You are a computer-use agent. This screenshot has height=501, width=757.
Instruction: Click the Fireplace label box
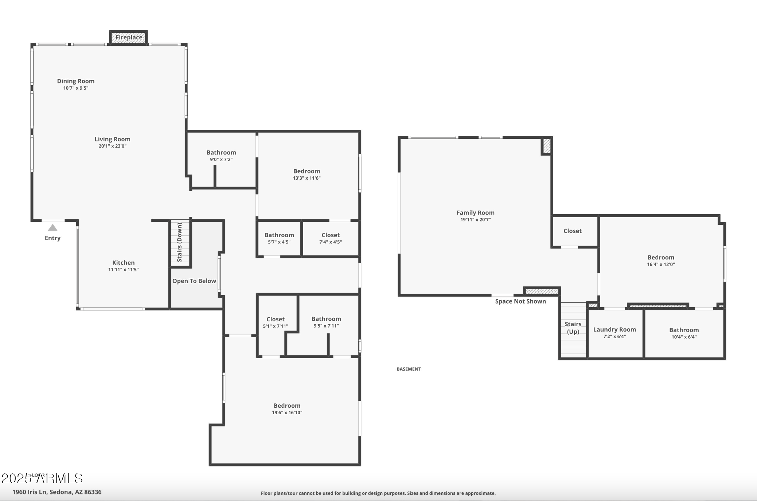click(129, 38)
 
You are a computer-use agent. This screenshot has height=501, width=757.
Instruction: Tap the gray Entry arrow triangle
click(52, 228)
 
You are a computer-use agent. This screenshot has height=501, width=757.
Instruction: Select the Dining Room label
click(76, 81)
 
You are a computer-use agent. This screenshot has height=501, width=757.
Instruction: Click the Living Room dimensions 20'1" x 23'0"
click(112, 146)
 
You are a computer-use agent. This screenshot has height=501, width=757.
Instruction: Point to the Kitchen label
click(123, 263)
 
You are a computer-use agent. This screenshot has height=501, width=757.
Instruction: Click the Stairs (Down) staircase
click(180, 243)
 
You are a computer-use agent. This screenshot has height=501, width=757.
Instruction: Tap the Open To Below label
click(194, 281)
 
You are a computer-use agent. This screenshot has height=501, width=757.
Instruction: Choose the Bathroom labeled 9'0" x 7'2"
click(221, 156)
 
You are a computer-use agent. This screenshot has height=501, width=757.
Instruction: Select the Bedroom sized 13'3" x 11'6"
click(307, 174)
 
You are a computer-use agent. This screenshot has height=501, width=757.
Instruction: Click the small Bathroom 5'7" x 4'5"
click(279, 238)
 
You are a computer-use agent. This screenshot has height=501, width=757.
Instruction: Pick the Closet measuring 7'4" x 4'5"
click(331, 238)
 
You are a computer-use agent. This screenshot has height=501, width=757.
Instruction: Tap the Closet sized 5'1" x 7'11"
click(276, 322)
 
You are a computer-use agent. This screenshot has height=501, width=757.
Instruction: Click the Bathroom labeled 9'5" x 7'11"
click(326, 322)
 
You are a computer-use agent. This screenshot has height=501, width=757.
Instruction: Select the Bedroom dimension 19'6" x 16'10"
click(287, 412)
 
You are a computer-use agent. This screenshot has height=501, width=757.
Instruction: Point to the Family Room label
click(475, 213)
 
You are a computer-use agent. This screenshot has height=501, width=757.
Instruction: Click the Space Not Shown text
click(520, 301)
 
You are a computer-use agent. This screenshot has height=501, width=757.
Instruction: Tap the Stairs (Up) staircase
click(573, 328)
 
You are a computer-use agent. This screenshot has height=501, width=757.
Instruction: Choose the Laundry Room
click(614, 333)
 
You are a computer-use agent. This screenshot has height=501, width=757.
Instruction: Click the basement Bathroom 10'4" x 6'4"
click(684, 333)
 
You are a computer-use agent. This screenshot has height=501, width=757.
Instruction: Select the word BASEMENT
click(409, 369)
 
